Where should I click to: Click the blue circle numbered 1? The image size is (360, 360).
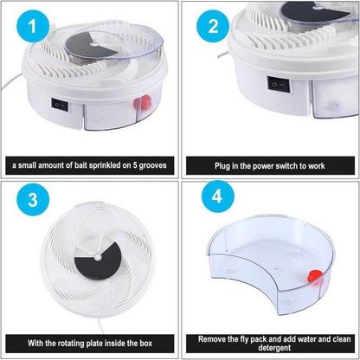tap(33, 26)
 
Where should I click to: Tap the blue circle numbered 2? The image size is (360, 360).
tap(213, 26)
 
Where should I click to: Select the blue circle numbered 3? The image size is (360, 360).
tap(33, 199)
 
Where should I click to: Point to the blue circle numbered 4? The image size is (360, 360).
tap(218, 196)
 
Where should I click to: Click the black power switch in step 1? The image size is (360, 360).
tap(60, 106)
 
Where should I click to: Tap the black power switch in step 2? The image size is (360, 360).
tap(279, 84)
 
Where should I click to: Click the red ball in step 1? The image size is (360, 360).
tap(142, 102)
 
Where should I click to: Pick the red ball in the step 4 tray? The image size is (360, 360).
tap(315, 277)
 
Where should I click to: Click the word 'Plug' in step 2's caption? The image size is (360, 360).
tap(222, 166)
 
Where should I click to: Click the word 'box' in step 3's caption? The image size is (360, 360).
tap(146, 344)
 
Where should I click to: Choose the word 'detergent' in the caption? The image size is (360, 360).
tap(274, 348)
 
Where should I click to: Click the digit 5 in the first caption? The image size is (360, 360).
tap(135, 165)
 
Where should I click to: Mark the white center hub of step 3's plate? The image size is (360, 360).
tap(98, 256)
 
